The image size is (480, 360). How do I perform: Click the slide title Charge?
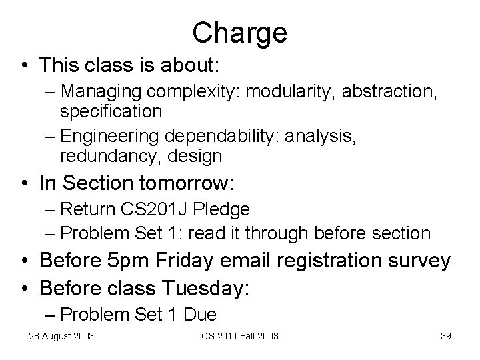tap(239, 32)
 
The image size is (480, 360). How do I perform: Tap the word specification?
tap(111, 111)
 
